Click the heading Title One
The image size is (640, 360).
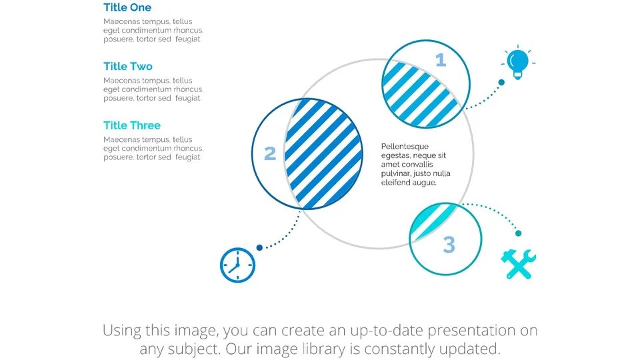[127, 8]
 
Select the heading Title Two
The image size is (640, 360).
[128, 67]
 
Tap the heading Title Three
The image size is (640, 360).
[132, 125]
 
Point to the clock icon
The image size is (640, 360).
[237, 265]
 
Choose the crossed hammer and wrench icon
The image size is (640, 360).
[518, 264]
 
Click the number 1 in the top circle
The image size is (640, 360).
[440, 61]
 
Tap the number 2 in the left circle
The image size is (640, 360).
[270, 154]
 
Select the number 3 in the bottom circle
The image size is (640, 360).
[449, 245]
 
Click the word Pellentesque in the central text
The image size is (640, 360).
[405, 147]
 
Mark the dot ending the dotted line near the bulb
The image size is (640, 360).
[502, 83]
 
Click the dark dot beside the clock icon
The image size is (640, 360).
[259, 247]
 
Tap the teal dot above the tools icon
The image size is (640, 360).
[518, 233]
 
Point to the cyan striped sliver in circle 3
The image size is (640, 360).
[433, 217]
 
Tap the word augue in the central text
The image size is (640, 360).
[423, 182]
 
